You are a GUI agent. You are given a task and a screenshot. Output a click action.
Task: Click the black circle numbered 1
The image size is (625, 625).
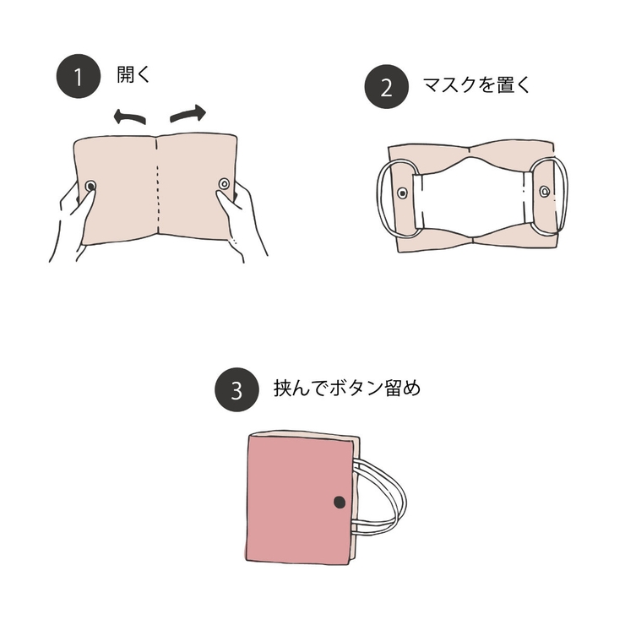(79, 78)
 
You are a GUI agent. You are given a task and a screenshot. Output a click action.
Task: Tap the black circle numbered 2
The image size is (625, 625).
(386, 87)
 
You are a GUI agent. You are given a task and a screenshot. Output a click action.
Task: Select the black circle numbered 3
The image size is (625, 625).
(236, 391)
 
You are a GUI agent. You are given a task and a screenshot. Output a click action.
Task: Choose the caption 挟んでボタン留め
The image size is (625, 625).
(347, 389)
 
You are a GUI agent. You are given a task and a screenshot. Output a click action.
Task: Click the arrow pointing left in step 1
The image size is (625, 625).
(129, 118)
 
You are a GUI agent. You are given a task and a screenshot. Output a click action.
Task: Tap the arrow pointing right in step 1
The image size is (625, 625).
(187, 113)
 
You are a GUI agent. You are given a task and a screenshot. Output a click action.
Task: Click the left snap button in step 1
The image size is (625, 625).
(90, 186)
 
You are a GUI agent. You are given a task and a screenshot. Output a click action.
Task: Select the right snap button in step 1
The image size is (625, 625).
(224, 184)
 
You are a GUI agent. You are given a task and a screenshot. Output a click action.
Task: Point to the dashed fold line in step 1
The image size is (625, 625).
(158, 190)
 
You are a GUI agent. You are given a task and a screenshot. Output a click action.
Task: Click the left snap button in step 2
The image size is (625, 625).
(403, 193)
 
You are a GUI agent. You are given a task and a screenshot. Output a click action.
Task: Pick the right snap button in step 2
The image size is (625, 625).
(545, 192)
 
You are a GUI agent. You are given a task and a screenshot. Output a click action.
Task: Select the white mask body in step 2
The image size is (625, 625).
(473, 196)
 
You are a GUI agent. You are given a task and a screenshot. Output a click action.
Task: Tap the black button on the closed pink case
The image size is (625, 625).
(340, 503)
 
